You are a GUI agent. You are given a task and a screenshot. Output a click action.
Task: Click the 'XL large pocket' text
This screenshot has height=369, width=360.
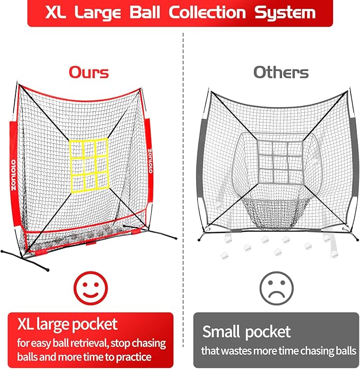67,324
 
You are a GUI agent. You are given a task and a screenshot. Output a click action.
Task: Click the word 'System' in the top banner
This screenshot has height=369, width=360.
284,12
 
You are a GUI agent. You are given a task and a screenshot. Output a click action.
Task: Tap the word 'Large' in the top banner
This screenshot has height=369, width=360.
101,12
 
